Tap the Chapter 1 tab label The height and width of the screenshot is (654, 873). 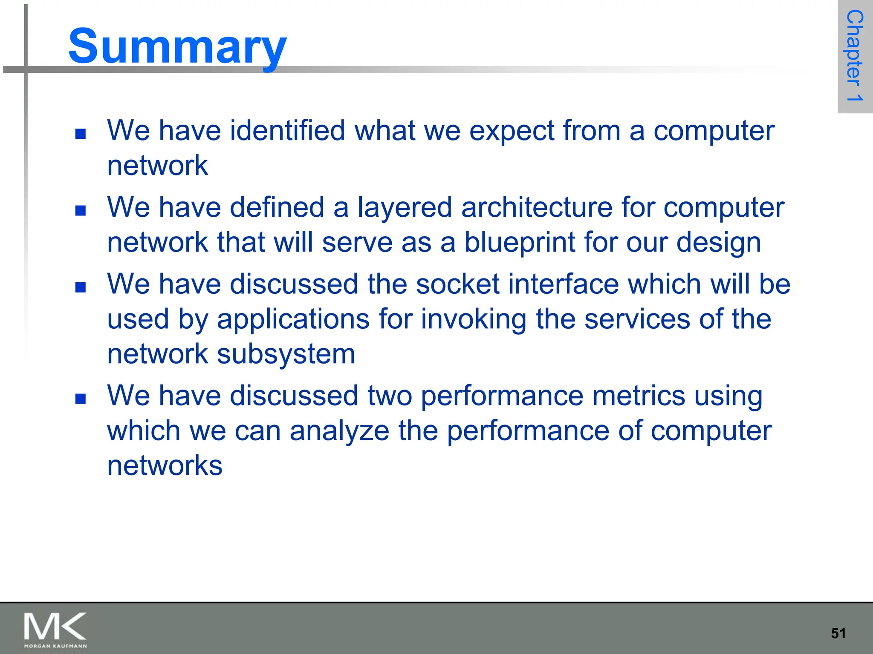[x=854, y=56]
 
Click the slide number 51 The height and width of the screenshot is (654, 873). [x=838, y=633]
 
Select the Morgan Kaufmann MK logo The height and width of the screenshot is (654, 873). [x=55, y=630]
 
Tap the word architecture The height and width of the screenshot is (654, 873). [x=536, y=208]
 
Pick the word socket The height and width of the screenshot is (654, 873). [x=457, y=284]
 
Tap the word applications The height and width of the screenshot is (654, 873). [x=293, y=319]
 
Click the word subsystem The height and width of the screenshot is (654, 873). [x=286, y=354]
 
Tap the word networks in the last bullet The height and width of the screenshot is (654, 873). [x=165, y=465]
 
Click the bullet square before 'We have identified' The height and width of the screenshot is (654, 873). [x=80, y=134]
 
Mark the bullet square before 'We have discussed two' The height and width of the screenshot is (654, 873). [x=80, y=399]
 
